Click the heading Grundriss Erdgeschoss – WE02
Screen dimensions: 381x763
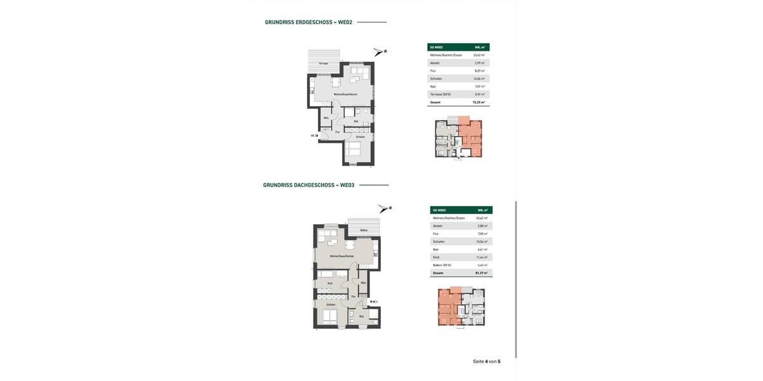coord(308,22)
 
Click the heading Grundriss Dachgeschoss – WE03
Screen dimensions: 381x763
coord(308,185)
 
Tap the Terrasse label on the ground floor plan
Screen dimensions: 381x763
coord(324,63)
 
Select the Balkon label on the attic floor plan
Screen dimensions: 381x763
coord(364,230)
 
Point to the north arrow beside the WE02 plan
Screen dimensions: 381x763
coord(380,52)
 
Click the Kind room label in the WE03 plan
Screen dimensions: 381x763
coord(330,283)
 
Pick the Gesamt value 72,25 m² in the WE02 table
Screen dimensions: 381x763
coord(478,102)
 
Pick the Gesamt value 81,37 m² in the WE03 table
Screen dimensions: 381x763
coord(481,273)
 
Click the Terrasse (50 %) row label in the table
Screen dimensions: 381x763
coord(441,94)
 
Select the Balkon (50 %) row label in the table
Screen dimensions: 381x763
coord(442,265)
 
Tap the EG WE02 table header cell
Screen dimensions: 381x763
coord(437,47)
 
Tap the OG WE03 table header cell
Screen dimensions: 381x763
coord(439,210)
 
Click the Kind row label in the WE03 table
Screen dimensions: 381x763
coord(436,257)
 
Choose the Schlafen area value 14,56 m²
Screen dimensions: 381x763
coord(479,79)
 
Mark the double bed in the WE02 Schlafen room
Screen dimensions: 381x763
coord(353,149)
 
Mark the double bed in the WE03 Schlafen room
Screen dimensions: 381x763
coord(330,316)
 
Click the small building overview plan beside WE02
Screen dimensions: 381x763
coord(458,137)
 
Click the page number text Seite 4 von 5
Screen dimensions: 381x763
coord(486,361)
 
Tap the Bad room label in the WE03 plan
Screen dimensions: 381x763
coord(361,316)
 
